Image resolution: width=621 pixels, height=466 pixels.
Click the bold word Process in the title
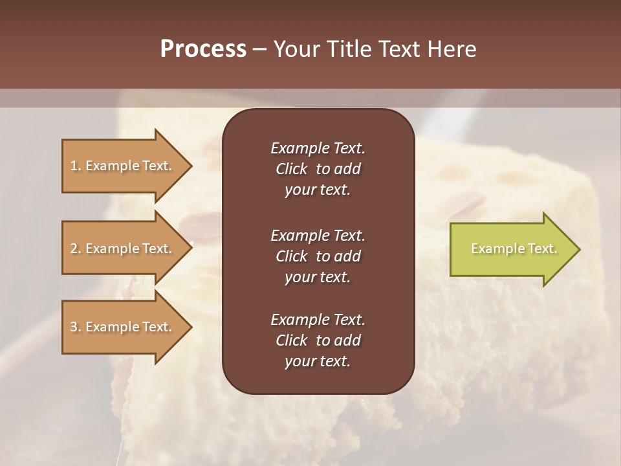(x=203, y=49)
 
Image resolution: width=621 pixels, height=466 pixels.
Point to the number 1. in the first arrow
(x=76, y=166)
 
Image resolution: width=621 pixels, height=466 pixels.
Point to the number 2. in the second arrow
(x=76, y=249)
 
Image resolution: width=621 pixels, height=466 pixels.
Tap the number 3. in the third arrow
(x=76, y=327)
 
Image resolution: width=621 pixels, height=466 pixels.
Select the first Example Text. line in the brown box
(x=318, y=148)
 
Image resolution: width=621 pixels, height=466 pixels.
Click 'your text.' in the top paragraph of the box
(x=318, y=190)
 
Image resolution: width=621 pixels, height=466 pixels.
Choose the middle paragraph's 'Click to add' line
(x=318, y=256)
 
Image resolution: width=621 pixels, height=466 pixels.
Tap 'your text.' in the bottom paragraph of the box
(x=318, y=361)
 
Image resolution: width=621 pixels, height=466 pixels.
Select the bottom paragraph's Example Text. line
(x=318, y=320)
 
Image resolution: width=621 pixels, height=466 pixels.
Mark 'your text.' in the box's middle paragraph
(x=318, y=277)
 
